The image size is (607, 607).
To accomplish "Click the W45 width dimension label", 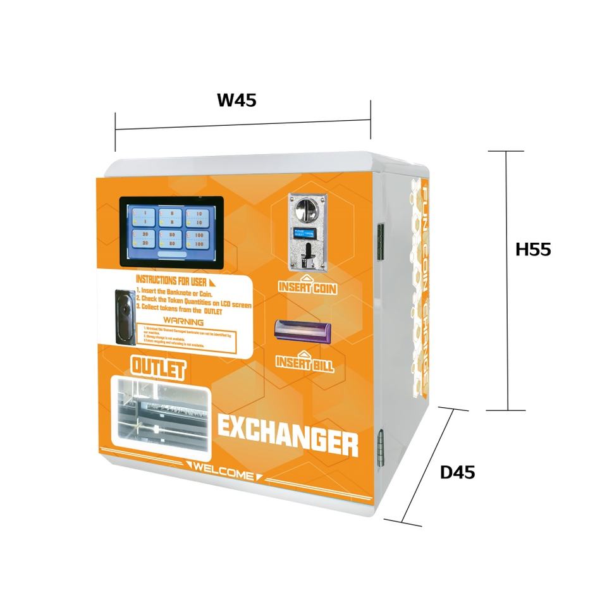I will pos(237,101).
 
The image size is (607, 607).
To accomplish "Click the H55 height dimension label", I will pos(533,249).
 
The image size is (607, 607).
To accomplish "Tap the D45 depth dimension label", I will pos(457,472).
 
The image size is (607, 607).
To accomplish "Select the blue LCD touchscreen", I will pos(171,231).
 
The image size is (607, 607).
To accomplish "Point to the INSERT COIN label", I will pos(307,288).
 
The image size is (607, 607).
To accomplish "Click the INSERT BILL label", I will pos(305,363).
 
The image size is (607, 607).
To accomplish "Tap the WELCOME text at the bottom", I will pos(225,472).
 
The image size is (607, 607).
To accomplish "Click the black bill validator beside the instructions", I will pos(124,316).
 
